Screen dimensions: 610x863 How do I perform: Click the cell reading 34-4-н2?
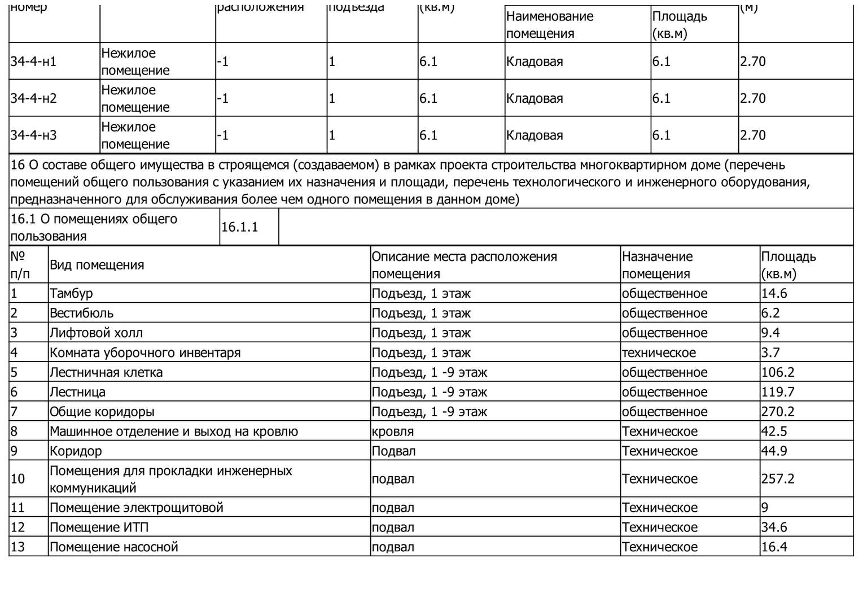(34, 98)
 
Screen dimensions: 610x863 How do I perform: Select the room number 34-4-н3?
(34, 135)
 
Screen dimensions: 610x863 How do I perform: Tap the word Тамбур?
(71, 293)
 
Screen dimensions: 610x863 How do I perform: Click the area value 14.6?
(774, 293)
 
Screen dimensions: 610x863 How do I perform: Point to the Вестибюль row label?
(81, 313)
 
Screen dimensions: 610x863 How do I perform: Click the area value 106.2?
(778, 372)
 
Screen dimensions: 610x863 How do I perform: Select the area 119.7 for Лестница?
(778, 392)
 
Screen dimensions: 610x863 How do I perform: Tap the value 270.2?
(778, 412)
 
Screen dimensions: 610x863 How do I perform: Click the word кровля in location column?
(392, 432)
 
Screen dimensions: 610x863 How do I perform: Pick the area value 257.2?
(778, 479)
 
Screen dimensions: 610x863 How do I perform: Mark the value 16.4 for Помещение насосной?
(774, 547)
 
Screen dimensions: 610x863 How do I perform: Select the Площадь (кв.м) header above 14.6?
(788, 265)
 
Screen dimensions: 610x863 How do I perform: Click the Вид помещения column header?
(97, 265)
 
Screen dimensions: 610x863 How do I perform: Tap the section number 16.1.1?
(239, 227)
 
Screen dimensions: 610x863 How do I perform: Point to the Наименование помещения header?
(549, 25)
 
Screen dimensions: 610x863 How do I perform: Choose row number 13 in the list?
(18, 547)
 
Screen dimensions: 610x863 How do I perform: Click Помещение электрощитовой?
(137, 507)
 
